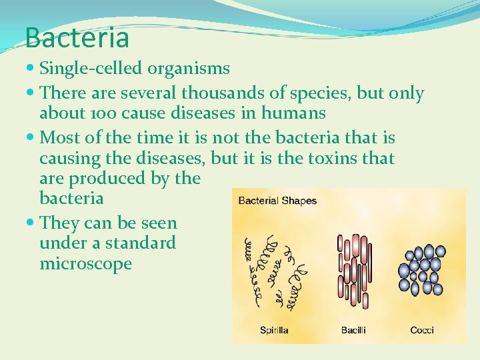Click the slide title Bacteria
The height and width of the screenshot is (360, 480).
click(77, 37)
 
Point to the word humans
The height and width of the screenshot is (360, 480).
click(293, 113)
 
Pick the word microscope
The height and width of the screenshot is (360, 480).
click(86, 263)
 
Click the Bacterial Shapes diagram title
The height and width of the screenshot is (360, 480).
click(277, 201)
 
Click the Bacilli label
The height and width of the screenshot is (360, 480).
click(353, 330)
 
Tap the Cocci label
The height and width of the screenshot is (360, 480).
click(422, 330)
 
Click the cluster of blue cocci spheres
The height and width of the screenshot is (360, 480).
click(420, 270)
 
